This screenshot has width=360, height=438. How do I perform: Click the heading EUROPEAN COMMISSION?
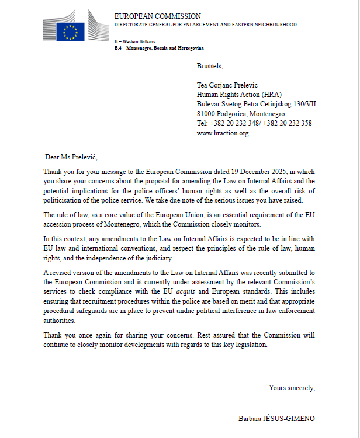157,16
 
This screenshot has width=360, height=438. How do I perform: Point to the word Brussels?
210,66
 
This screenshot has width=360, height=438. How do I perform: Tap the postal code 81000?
207,113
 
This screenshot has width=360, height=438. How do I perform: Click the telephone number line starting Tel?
254,123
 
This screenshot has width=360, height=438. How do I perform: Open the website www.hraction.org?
223,133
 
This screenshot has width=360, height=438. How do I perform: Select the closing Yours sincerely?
292,388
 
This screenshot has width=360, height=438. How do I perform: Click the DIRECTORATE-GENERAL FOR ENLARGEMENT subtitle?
205,25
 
